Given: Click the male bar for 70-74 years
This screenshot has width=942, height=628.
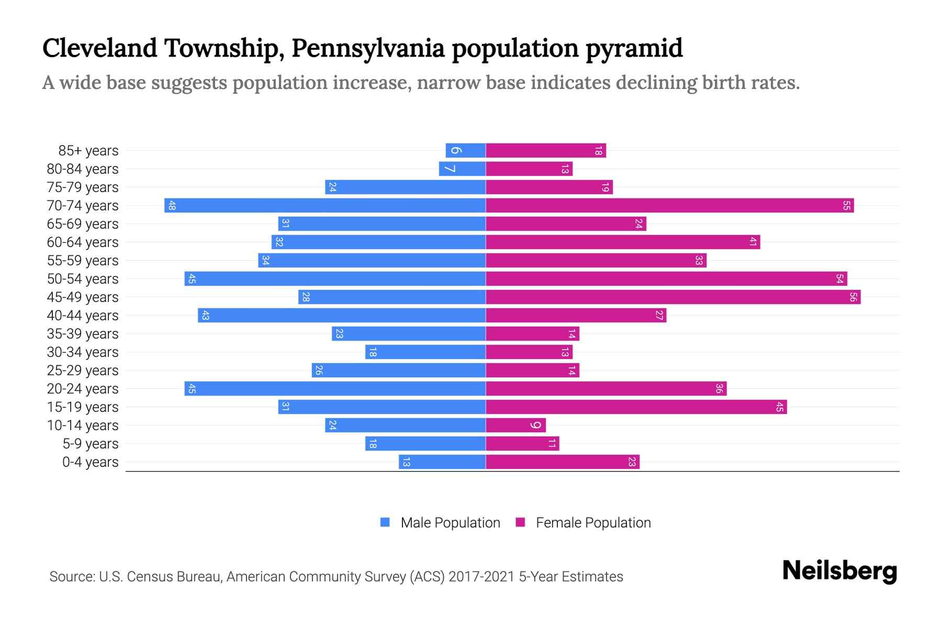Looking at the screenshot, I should coord(324,206).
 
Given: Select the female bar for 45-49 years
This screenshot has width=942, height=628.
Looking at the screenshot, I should coord(673,297).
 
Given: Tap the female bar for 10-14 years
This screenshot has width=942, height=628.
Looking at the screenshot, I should coord(515,425).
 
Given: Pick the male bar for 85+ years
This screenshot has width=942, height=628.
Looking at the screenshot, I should coord(465,151).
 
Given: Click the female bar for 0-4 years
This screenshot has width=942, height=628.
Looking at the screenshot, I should coord(563,462).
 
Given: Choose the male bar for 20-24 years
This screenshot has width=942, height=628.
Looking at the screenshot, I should coord(335,389).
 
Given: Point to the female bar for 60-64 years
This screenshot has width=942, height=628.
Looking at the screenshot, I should coord(623,242).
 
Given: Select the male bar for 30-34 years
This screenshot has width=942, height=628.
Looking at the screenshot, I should coord(425,352).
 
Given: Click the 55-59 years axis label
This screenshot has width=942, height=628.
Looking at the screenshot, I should coord(83,261).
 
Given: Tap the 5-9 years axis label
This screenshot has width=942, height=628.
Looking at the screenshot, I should coord(91,444).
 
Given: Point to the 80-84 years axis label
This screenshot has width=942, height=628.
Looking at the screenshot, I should coord(83,169).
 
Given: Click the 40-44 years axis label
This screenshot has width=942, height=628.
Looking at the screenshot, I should coord(83,316).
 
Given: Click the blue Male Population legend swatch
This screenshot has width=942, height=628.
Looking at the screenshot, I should coord(385,522).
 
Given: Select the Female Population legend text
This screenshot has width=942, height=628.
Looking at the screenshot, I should coord(593,523).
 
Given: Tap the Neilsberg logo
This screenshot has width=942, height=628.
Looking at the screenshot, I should coord(839,571).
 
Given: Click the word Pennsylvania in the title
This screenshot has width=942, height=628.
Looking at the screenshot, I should coord(367,48).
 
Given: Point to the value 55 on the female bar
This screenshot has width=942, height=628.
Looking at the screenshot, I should coord(846,206).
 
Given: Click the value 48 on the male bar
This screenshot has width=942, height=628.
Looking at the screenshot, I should coord(172,206).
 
